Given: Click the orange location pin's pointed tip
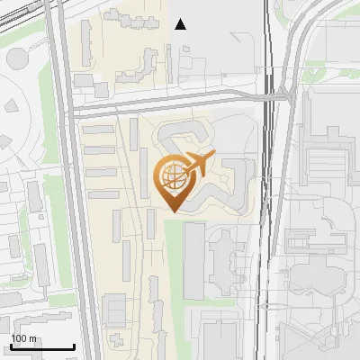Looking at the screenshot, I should pos(174,211).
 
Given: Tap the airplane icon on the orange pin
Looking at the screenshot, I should pos(195,165).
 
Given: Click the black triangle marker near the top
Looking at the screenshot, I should pos(181,24).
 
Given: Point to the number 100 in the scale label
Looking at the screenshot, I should pos(19,338).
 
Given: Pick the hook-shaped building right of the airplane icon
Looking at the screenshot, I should pos(236,180).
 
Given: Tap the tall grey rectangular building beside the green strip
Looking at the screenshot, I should pos(194,261).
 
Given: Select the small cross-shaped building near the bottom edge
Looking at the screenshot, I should pos(117,340).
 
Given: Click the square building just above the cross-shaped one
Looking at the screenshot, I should pos(114,310).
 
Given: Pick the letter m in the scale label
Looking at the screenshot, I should pos(31,338).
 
